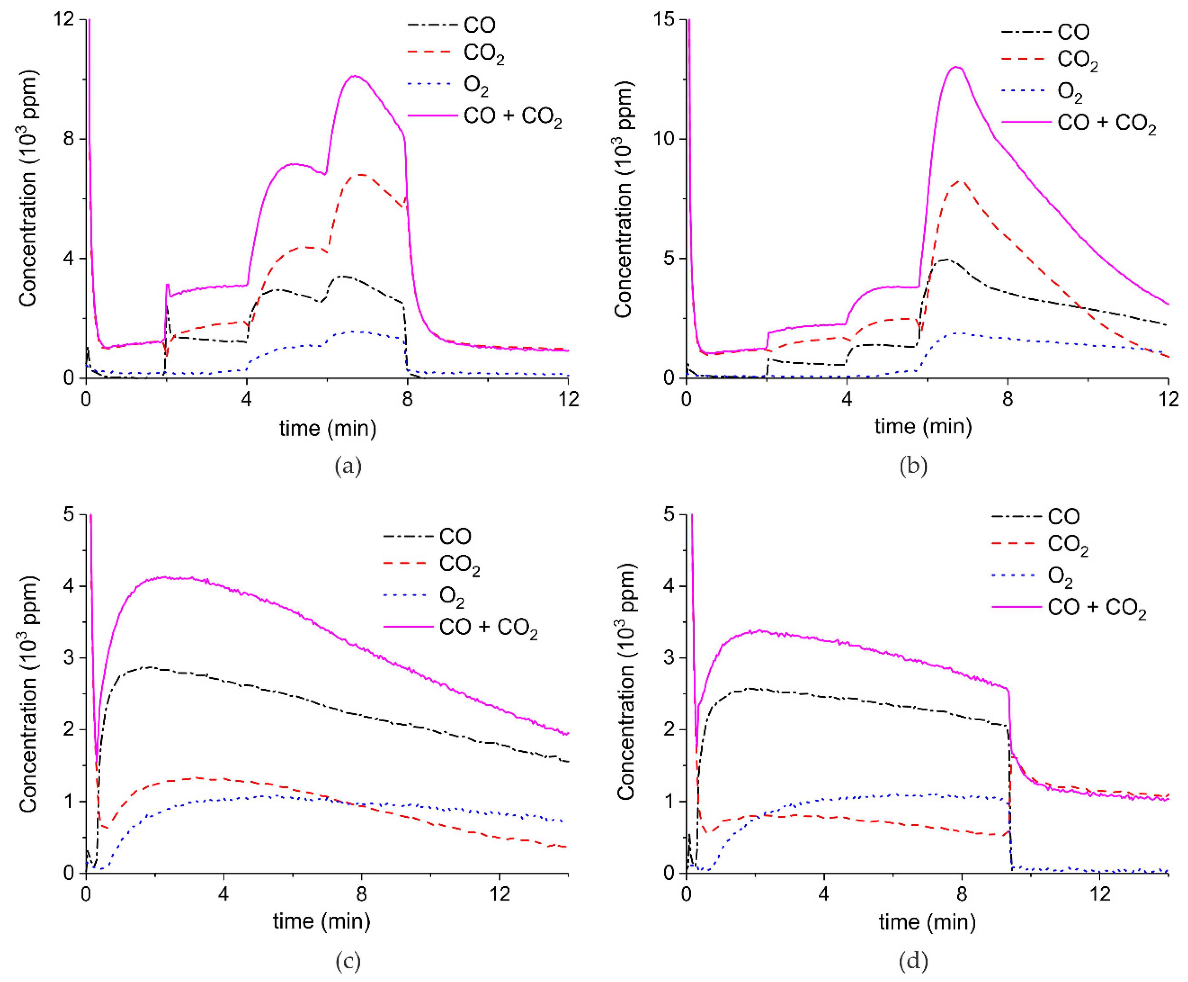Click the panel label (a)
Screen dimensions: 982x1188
pos(347,467)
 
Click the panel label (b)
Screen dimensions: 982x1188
pos(913,467)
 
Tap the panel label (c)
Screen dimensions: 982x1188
pos(347,961)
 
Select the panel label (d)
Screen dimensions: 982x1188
pos(913,961)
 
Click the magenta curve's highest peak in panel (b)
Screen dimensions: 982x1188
pos(956,67)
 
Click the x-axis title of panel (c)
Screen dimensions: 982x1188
pos(321,921)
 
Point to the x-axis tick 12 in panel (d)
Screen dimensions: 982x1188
pos(1099,894)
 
